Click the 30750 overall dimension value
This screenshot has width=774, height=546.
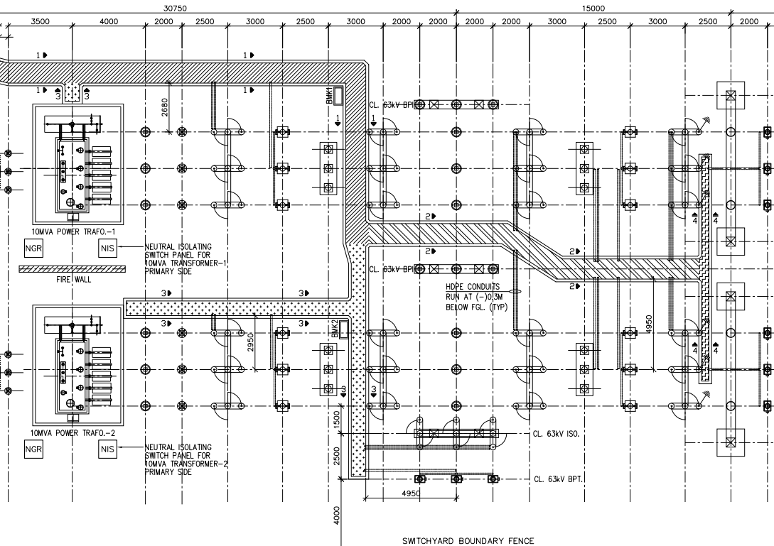175,8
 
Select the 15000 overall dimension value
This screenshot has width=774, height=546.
593,8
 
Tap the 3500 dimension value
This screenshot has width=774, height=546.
40,21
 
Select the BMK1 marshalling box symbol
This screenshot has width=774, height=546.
339,95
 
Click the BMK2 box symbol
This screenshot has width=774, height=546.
345,329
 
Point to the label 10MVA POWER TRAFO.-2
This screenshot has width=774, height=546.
65,432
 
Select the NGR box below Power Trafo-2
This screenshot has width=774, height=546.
33,449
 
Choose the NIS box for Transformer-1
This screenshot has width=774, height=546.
107,247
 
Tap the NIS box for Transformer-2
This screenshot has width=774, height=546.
107,449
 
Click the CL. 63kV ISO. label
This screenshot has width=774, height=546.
558,433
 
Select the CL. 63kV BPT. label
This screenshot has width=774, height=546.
558,479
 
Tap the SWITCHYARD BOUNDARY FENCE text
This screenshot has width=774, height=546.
468,540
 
